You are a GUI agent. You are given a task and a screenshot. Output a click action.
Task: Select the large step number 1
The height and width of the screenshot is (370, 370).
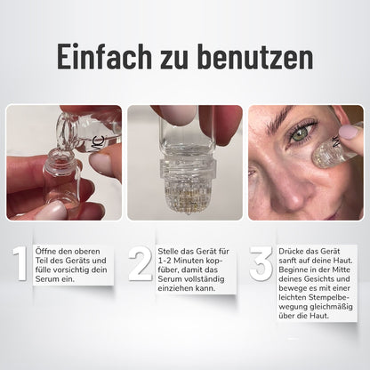20,264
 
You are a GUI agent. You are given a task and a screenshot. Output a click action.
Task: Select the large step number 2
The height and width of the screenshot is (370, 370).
141,264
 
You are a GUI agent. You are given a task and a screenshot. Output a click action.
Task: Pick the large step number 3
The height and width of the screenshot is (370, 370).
261,264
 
